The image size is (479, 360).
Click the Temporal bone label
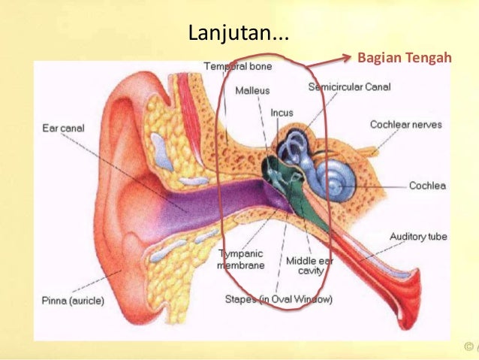(x=238, y=66)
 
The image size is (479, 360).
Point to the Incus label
(x=282, y=113)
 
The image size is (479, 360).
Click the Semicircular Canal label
(x=349, y=87)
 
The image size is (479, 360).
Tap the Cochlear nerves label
(x=405, y=125)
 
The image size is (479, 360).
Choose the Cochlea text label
(x=429, y=185)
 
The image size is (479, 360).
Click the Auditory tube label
(x=418, y=237)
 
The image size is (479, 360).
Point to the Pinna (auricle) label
(x=73, y=301)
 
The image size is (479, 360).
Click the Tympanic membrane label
(x=240, y=260)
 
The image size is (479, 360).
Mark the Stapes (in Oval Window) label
(x=279, y=299)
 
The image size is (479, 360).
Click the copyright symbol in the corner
(x=469, y=348)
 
